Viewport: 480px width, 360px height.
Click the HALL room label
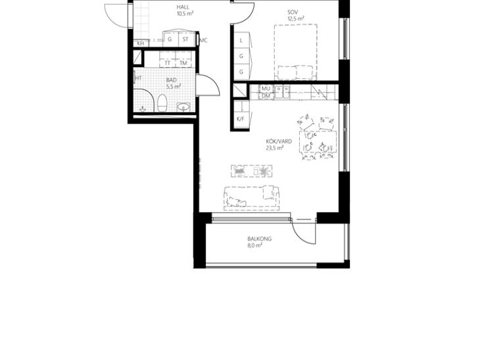183,7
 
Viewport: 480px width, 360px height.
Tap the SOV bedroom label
293,12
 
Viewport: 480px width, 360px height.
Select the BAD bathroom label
172,80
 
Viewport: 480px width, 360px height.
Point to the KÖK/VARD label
279,142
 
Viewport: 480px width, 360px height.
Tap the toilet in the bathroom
162,103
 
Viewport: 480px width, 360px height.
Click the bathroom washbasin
183,107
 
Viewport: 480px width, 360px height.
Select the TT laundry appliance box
168,59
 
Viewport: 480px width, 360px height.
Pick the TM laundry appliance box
183,59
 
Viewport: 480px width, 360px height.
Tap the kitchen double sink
282,91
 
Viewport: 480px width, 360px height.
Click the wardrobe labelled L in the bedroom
241,40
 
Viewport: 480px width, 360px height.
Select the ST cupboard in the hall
185,39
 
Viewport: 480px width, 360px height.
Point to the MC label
204,40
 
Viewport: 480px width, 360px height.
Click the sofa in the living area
251,198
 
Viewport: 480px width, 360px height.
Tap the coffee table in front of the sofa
252,171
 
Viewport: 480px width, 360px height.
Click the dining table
318,142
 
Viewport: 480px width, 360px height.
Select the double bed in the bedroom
296,53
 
